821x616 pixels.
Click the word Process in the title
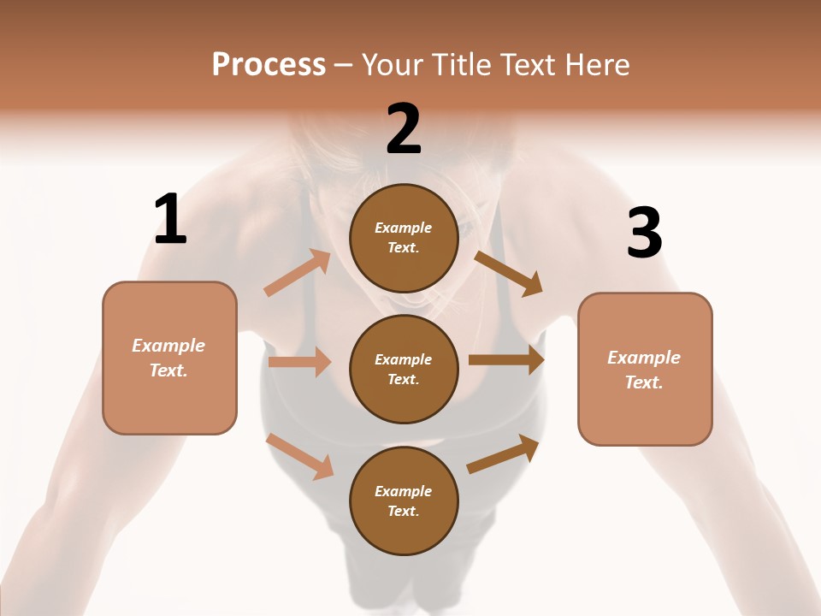[269, 65]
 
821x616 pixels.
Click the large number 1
[170, 220]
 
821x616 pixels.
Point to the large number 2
[404, 129]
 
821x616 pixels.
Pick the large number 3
[644, 233]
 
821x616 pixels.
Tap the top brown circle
[404, 238]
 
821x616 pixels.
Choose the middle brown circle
[404, 369]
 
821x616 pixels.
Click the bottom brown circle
[404, 500]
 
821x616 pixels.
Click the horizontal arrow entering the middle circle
[299, 362]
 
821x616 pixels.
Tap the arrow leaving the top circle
[509, 274]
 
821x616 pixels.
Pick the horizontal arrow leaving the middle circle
[506, 360]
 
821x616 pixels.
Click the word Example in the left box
[168, 346]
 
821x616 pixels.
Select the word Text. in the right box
[644, 382]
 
